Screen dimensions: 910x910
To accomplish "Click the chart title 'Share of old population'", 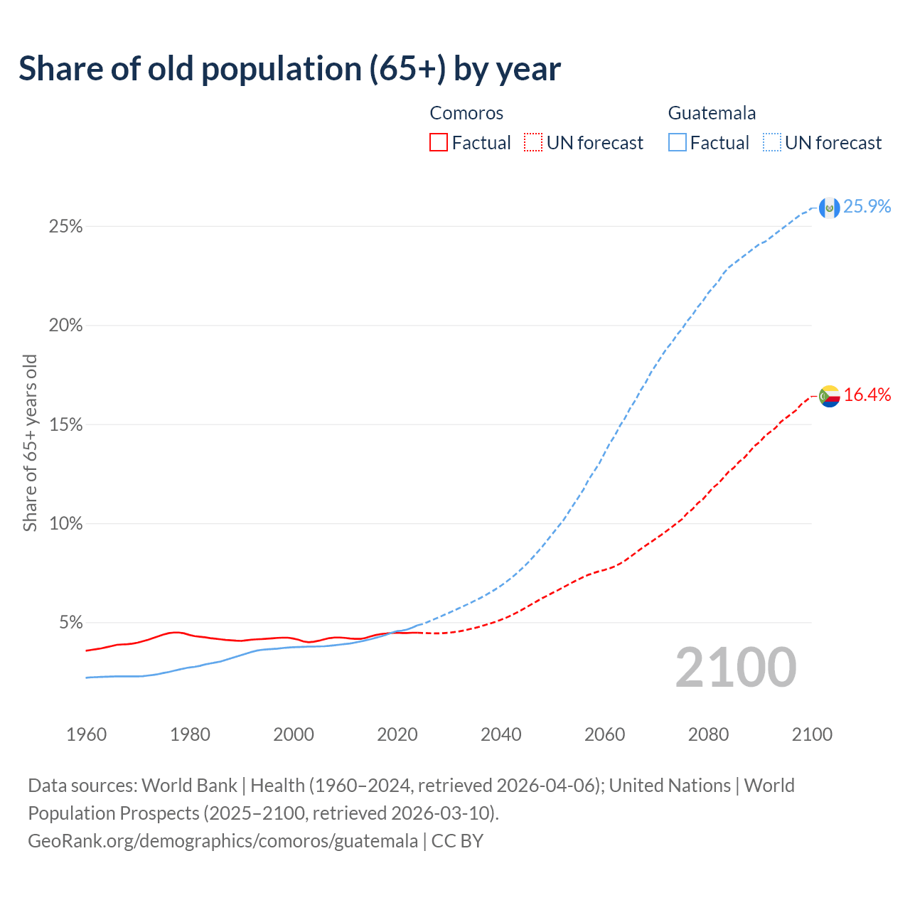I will (289, 69).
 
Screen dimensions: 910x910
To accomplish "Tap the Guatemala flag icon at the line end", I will (829, 208).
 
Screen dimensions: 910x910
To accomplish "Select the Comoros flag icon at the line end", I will (829, 396).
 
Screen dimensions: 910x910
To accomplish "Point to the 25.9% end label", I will (867, 206).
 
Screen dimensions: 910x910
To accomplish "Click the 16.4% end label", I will (867, 395).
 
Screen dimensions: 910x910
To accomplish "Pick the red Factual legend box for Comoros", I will (439, 143).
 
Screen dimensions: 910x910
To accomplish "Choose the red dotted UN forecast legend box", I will (533, 143).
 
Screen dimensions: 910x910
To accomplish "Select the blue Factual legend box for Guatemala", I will (678, 143).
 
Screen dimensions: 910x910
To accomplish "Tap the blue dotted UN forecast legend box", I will (772, 143).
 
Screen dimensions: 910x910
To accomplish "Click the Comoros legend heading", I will (466, 113).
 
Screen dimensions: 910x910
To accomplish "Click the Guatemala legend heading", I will (712, 113).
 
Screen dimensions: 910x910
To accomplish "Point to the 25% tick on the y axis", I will (65, 227).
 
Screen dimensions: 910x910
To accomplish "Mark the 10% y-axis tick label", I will (65, 524).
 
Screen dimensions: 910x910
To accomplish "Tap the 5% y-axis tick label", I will (70, 623).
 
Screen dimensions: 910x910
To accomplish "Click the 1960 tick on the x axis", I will (86, 734).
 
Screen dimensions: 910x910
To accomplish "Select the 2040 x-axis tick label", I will (501, 734).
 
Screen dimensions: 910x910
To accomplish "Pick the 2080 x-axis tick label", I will (708, 734).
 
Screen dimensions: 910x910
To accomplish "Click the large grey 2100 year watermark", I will (736, 668).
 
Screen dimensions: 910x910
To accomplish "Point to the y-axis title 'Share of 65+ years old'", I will (30, 442).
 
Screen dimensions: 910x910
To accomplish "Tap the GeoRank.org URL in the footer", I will (223, 841).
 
